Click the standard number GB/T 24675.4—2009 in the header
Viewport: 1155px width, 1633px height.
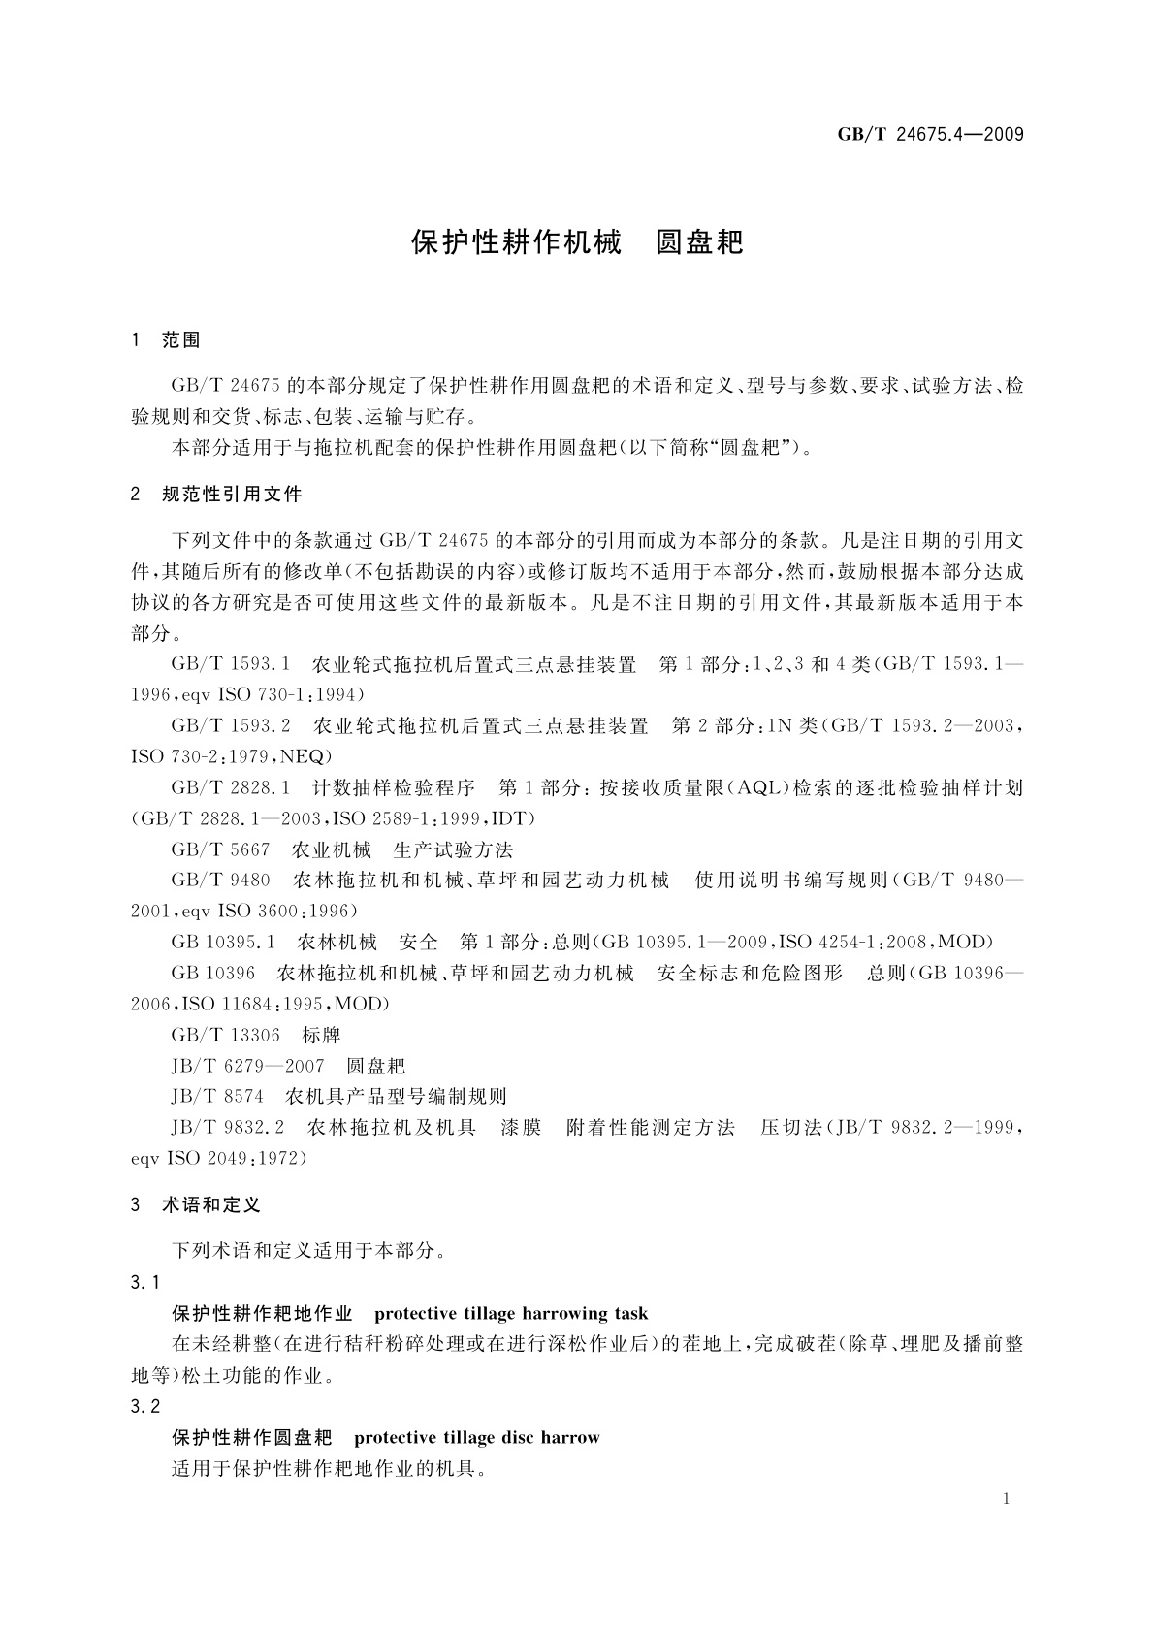click(930, 134)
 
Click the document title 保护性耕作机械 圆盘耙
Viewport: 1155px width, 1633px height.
click(577, 242)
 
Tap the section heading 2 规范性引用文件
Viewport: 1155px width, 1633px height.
click(216, 495)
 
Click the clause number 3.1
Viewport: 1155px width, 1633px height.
click(145, 1282)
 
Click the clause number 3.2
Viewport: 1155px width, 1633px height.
click(145, 1406)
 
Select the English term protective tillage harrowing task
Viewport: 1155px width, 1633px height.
click(511, 1314)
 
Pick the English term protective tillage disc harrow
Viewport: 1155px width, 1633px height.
click(477, 1437)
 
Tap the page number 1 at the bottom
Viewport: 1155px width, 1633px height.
click(1007, 1499)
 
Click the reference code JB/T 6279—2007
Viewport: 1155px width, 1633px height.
click(247, 1066)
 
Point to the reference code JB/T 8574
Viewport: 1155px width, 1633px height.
click(217, 1097)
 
